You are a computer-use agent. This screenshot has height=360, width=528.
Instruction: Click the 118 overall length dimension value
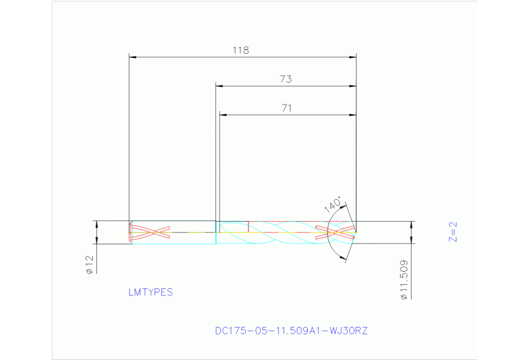pos(240,50)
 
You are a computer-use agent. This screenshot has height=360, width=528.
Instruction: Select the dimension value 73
pos(286,79)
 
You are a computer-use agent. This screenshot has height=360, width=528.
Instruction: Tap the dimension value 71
pos(287,107)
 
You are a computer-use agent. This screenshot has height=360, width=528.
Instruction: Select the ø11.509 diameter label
pos(404,279)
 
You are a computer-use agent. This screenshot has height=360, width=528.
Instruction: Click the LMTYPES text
pos(150,292)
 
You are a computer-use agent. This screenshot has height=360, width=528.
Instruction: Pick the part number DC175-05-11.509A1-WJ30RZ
pos(292,330)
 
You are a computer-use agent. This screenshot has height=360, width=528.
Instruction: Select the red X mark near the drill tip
pos(334,232)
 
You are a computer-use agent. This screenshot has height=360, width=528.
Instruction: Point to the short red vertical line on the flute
pos(248,226)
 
